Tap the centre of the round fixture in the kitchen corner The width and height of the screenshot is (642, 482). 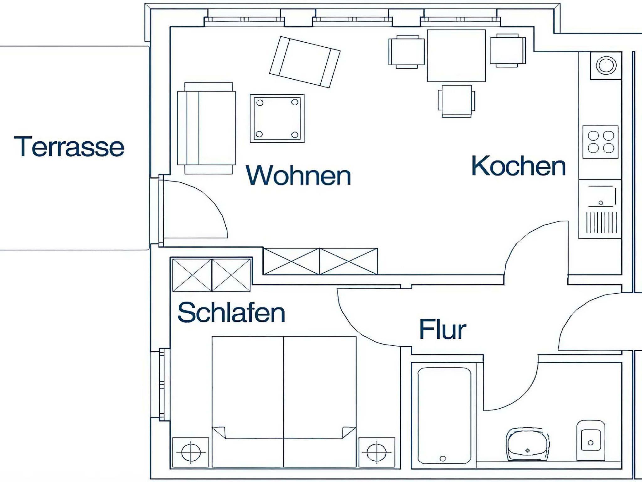[x=606, y=65]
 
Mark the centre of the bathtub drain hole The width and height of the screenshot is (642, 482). [x=443, y=458]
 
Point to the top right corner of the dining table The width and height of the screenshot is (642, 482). [x=486, y=30]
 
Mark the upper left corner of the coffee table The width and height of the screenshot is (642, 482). [x=250, y=94]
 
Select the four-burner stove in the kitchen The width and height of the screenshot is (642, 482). [x=600, y=142]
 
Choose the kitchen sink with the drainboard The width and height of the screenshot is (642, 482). [x=600, y=209]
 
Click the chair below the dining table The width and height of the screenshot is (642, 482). [x=456, y=101]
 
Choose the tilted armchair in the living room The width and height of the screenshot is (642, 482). [x=305, y=62]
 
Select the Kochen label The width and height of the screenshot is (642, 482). [x=518, y=165]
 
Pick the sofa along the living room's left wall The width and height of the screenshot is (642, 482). [x=206, y=128]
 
